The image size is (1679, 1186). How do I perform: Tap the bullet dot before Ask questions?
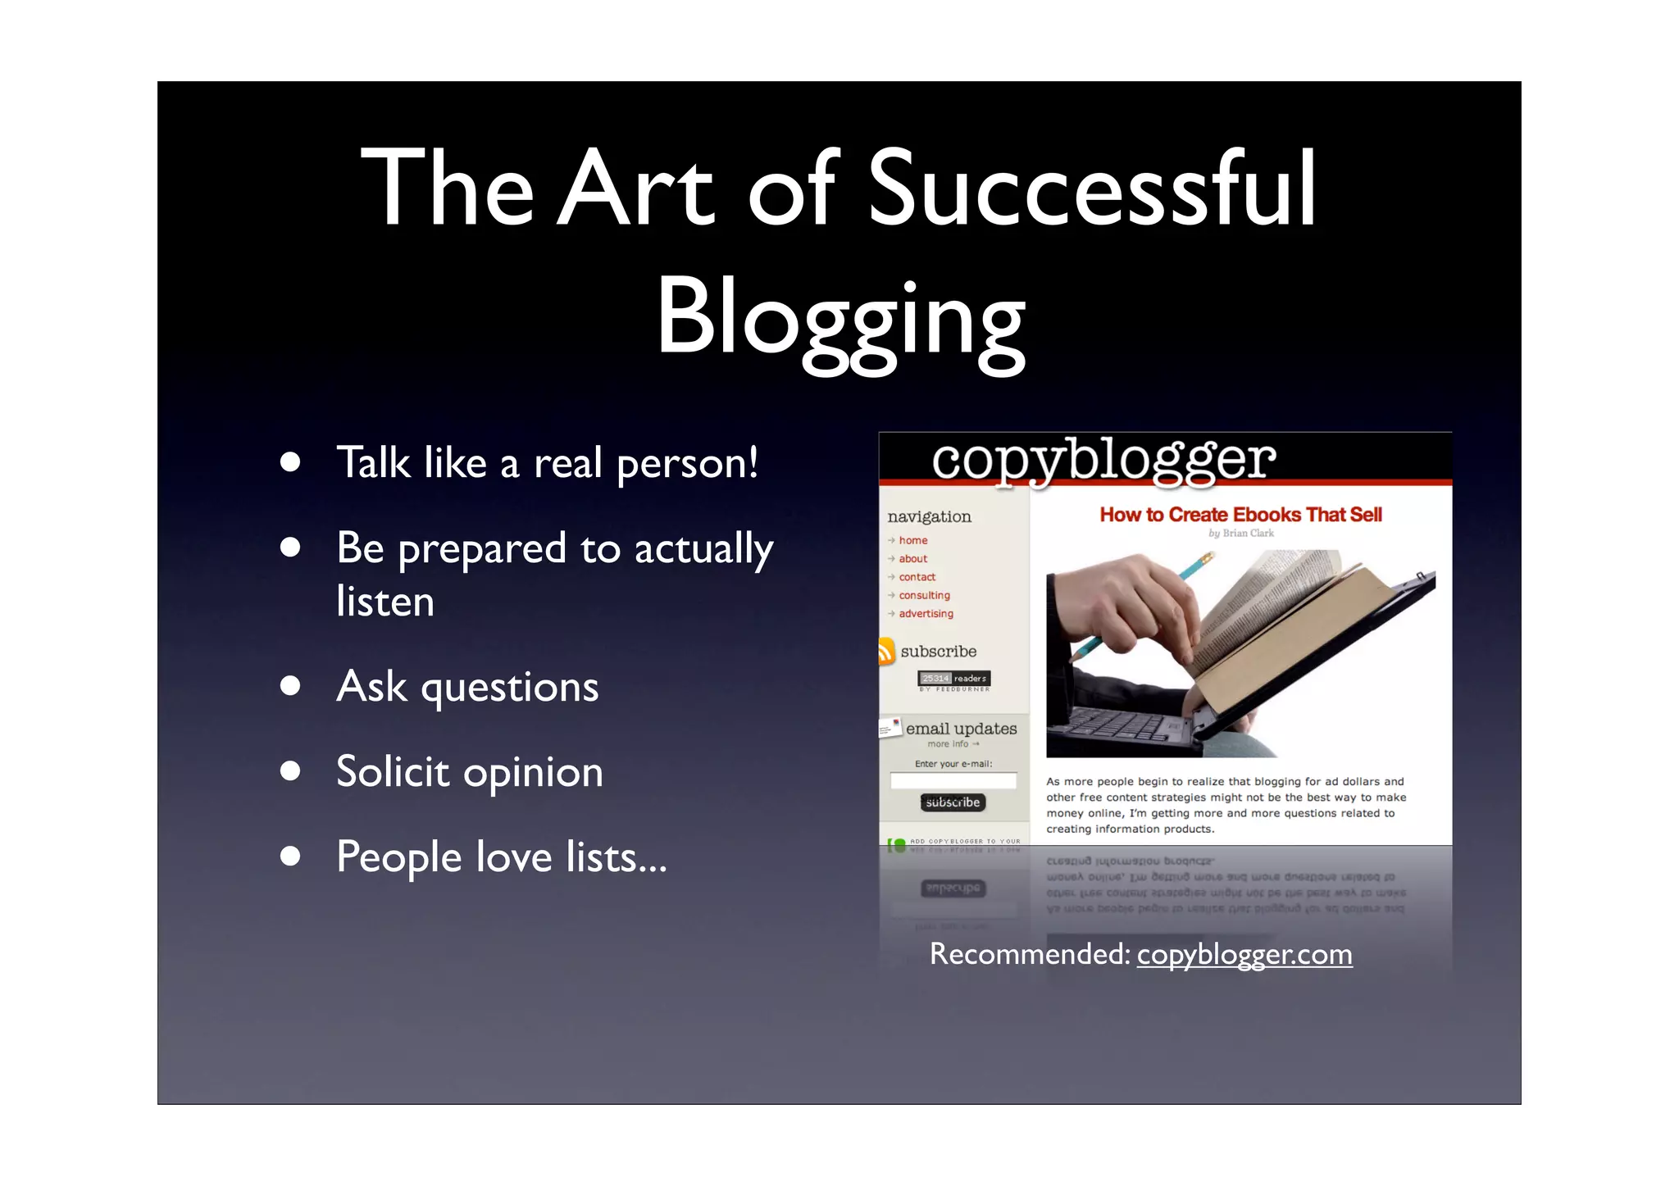(289, 685)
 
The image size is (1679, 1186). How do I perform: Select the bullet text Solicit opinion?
(469, 772)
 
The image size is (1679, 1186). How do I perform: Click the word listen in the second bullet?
(385, 602)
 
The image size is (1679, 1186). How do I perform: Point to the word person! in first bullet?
(687, 464)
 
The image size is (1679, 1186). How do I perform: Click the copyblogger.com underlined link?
(1244, 954)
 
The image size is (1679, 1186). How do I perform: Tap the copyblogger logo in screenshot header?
(1103, 459)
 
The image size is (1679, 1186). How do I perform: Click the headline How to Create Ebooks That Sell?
(1240, 515)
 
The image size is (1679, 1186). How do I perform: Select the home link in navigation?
(912, 540)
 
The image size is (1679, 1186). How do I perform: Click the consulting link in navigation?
(924, 595)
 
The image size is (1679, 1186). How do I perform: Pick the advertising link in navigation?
(926, 613)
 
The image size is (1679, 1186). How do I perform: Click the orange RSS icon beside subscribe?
(886, 652)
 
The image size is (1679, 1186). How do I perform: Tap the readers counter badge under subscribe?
(954, 679)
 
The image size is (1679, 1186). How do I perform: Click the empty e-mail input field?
(953, 781)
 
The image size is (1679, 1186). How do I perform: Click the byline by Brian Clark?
(1240, 534)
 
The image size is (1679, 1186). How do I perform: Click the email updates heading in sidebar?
(961, 729)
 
